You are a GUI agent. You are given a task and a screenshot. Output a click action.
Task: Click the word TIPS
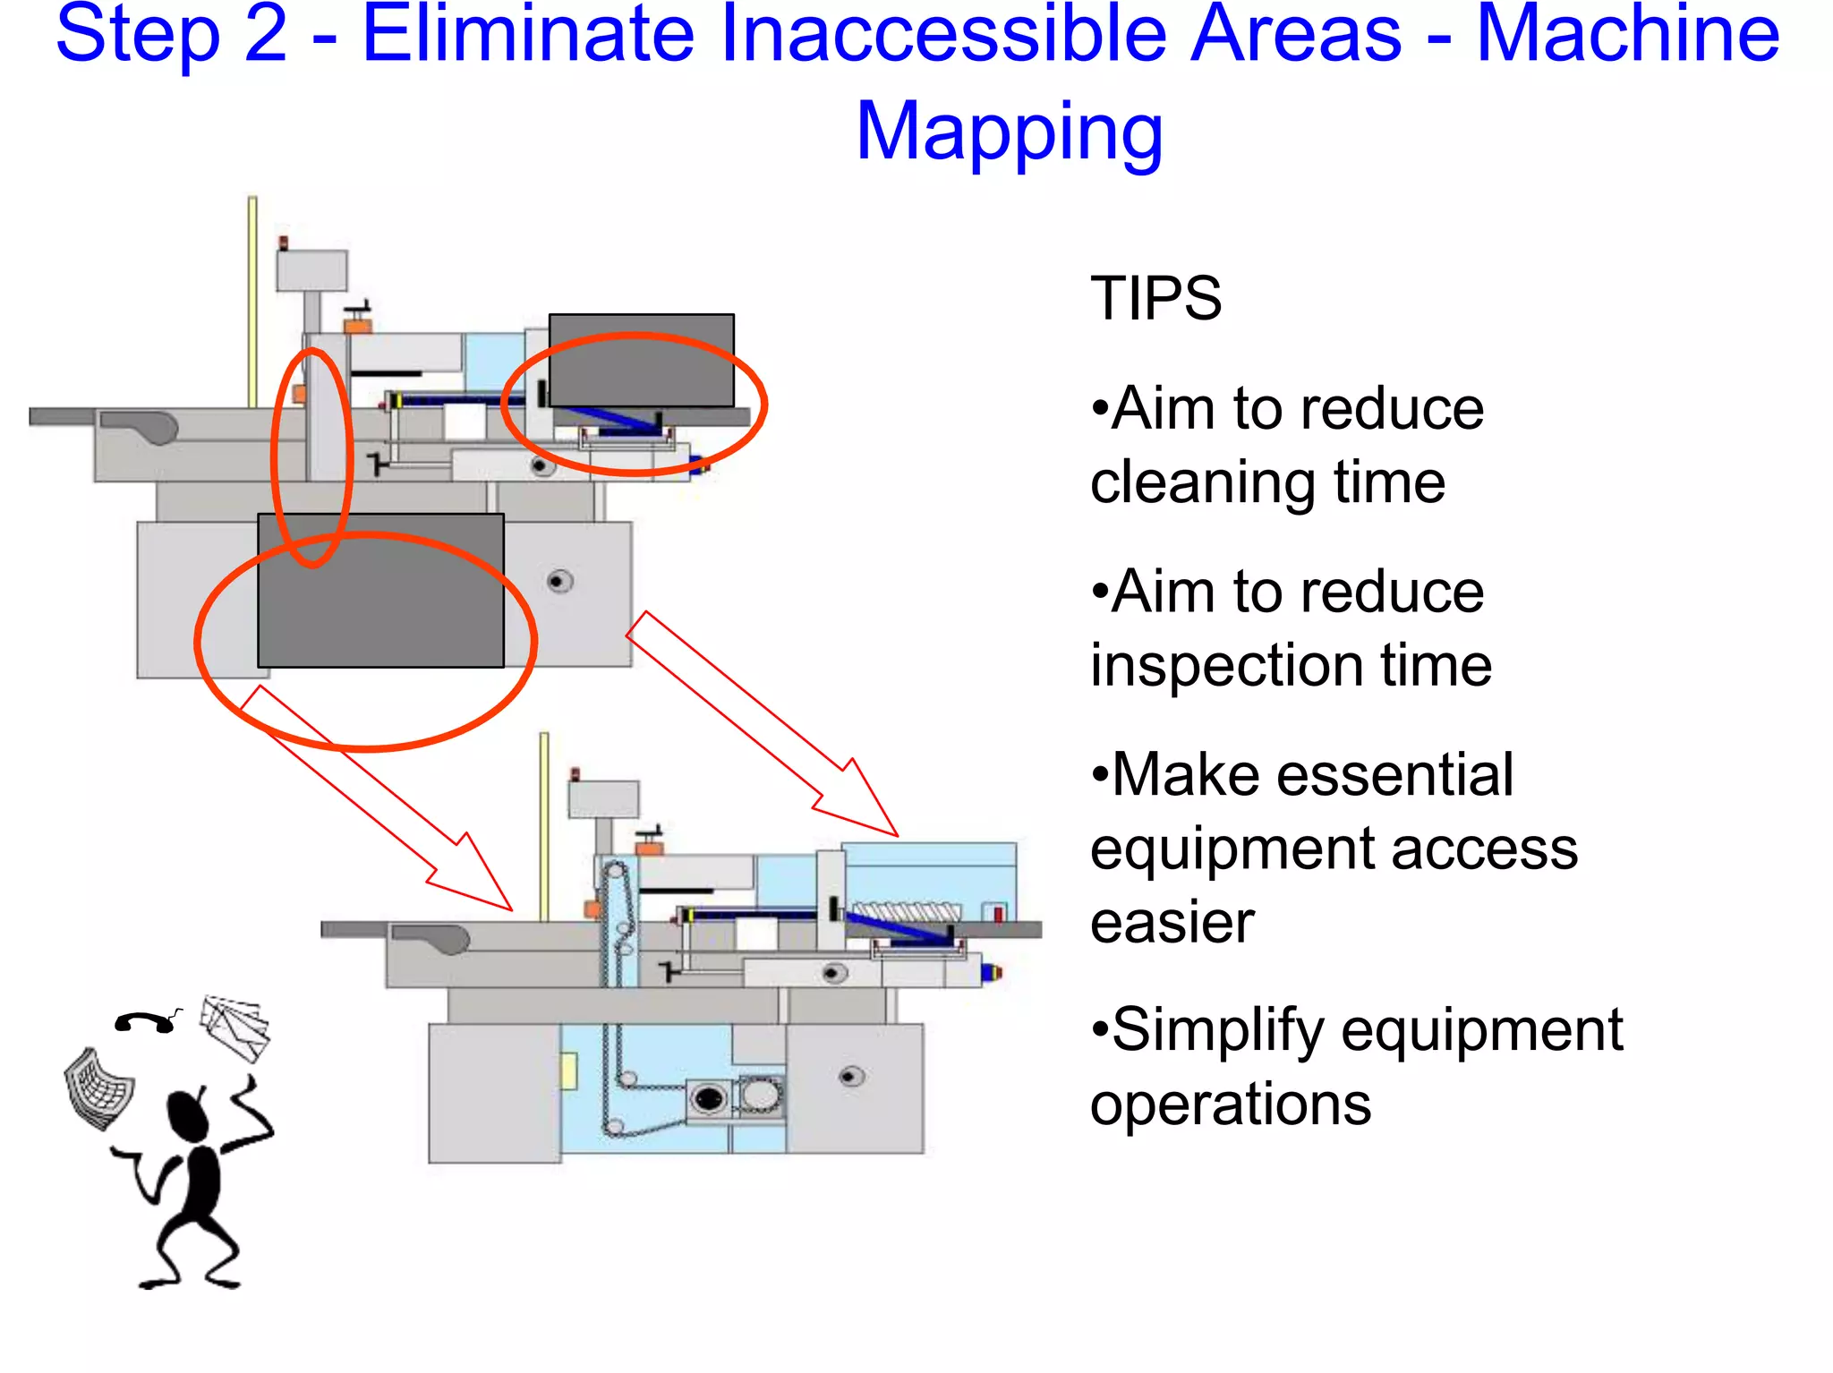(x=1155, y=299)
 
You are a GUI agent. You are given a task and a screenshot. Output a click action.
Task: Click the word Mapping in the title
(x=1009, y=132)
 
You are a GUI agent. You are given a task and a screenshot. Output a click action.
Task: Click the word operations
(x=1231, y=1104)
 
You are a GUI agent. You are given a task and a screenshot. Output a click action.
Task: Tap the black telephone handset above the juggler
(x=146, y=1022)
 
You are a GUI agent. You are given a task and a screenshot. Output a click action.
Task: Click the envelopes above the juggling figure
(x=235, y=1028)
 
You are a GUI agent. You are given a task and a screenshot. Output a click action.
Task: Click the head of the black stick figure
(x=188, y=1116)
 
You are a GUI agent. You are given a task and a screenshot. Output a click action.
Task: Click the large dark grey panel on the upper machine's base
(x=380, y=591)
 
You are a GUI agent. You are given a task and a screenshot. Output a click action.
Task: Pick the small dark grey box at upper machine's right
(x=641, y=360)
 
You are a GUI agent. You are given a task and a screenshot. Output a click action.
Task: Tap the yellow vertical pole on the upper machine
(x=252, y=301)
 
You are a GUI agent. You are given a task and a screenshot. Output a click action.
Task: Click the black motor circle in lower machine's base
(x=709, y=1097)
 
